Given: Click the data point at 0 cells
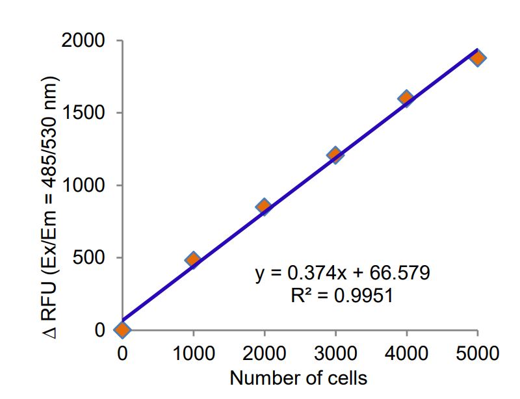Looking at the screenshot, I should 122,329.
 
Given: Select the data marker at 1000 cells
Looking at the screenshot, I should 192,260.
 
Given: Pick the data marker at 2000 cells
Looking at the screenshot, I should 263,207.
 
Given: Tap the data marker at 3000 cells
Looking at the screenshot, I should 335,155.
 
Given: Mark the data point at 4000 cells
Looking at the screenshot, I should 406,99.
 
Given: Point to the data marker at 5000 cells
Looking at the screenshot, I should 477,58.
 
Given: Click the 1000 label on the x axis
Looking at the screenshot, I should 193,354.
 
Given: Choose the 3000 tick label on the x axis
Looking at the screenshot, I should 335,354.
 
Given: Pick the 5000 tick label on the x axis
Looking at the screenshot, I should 477,354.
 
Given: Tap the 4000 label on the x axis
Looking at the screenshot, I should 406,354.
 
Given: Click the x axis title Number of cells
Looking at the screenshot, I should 298,378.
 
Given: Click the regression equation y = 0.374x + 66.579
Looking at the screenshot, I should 342,272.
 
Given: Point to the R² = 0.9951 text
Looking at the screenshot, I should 342,296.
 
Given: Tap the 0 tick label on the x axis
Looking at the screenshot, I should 122,354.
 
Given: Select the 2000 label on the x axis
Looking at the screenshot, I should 264,354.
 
